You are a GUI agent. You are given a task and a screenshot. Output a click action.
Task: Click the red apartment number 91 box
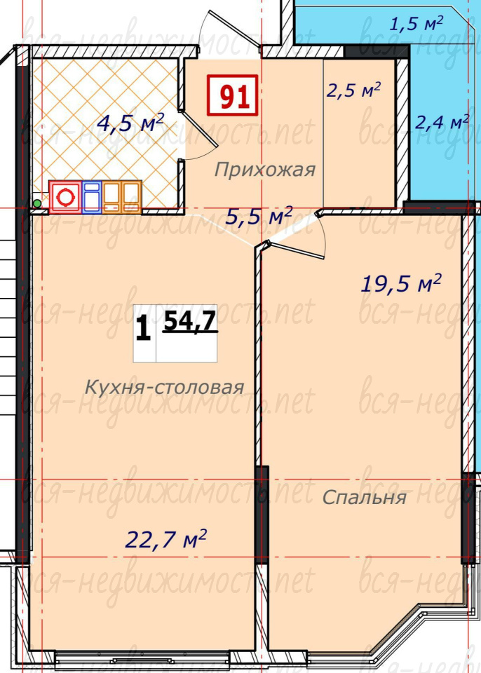pyautogui.click(x=232, y=95)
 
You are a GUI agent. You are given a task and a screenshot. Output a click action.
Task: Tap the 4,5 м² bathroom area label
pyautogui.click(x=130, y=123)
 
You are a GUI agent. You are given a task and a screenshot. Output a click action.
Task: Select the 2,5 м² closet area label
pyautogui.click(x=353, y=90)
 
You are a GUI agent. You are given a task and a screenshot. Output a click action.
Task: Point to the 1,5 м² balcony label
pyautogui.click(x=416, y=23)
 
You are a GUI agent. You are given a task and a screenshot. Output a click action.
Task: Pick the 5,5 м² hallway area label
pyautogui.click(x=259, y=216)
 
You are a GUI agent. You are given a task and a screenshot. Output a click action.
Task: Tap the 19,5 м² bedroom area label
pyautogui.click(x=401, y=283)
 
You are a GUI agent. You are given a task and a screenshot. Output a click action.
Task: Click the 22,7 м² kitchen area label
pyautogui.click(x=165, y=538)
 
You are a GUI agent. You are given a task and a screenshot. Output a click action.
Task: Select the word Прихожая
pyautogui.click(x=265, y=170)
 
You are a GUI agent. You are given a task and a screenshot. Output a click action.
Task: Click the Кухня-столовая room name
pyautogui.click(x=165, y=387)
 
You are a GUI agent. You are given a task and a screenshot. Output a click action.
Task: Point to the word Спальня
pyautogui.click(x=364, y=498)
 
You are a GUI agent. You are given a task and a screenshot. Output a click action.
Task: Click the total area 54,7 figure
pyautogui.click(x=190, y=320)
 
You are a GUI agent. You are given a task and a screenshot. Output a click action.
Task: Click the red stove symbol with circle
pyautogui.click(x=65, y=197)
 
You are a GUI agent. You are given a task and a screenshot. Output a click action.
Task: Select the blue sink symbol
pyautogui.click(x=91, y=197)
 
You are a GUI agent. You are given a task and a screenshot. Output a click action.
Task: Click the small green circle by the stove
pyautogui.click(x=37, y=203)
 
